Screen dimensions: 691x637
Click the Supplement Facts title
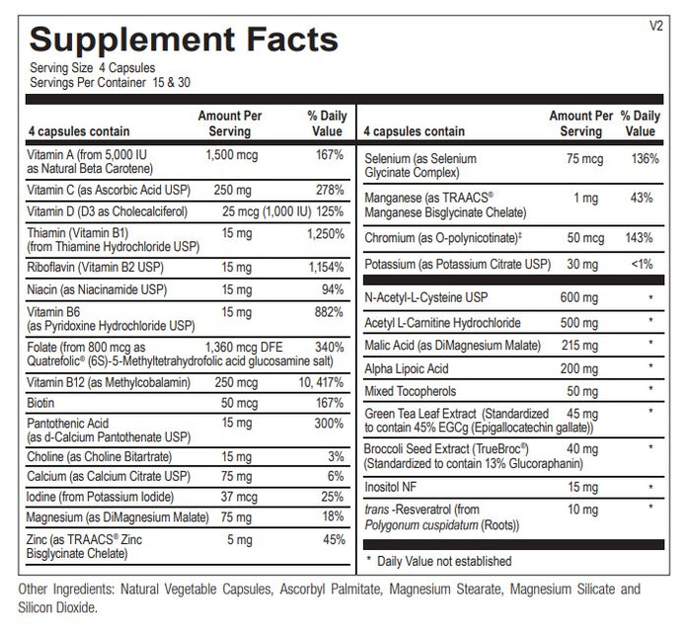(184, 40)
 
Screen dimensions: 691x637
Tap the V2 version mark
(655, 26)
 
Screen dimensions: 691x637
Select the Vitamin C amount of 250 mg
(232, 191)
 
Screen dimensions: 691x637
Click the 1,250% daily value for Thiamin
(325, 234)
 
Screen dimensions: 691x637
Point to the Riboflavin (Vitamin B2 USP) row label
(95, 268)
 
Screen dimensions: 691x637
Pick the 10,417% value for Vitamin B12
(321, 382)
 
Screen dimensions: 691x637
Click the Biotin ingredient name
(40, 403)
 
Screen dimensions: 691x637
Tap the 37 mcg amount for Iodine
(239, 497)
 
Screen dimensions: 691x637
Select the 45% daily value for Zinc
(334, 539)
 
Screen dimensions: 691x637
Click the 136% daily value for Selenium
(645, 159)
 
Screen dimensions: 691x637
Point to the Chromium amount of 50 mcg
(585, 238)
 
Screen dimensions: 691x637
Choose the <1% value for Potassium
(642, 264)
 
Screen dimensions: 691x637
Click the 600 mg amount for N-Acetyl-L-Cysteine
(579, 298)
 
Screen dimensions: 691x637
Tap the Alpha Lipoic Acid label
(407, 368)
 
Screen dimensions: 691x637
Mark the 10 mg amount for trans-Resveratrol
(582, 510)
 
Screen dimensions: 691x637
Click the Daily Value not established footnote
(439, 561)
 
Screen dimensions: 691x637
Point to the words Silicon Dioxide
(57, 608)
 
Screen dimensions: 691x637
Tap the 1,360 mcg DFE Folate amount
(244, 348)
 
